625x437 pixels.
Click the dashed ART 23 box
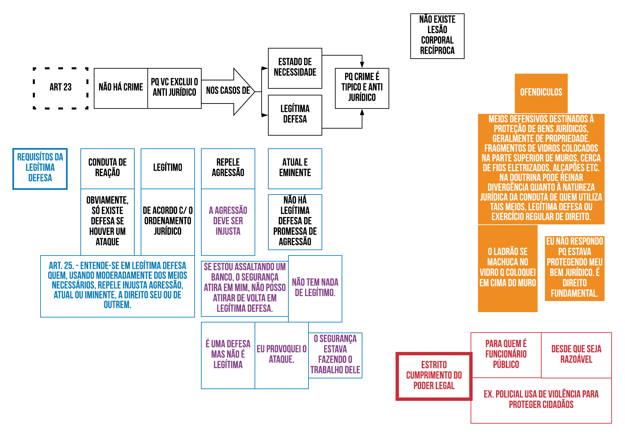(x=61, y=88)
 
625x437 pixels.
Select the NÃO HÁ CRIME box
(x=121, y=88)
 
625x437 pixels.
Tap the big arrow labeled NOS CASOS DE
(x=228, y=91)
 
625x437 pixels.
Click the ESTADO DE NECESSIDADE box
(x=295, y=68)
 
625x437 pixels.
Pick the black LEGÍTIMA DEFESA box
(x=295, y=115)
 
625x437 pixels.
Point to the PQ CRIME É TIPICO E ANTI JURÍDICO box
(x=362, y=88)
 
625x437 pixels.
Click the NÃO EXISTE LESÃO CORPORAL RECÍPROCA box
(x=437, y=36)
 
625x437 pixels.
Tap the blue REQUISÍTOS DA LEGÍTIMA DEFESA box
(x=40, y=168)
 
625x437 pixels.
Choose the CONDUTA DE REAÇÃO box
(x=107, y=168)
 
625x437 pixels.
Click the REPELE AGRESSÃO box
(x=228, y=168)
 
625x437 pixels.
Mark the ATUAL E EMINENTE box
(x=295, y=168)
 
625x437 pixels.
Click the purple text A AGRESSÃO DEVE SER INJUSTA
(x=228, y=221)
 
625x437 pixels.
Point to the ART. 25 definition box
(x=117, y=286)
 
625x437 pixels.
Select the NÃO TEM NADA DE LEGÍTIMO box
(x=315, y=288)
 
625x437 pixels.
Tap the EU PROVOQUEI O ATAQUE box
(x=281, y=355)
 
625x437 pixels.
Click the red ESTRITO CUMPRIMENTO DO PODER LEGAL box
(x=434, y=376)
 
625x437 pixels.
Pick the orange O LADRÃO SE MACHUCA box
(x=507, y=268)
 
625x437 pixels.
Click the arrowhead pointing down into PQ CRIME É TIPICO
(x=362, y=64)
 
